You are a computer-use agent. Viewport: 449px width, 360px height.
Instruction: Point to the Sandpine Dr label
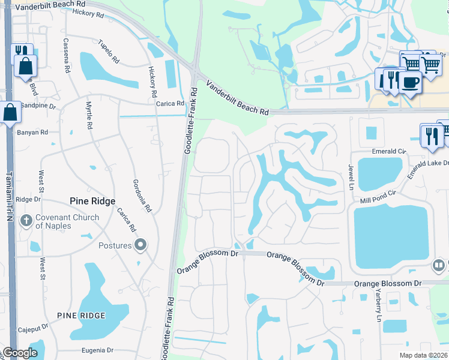tap(38, 106)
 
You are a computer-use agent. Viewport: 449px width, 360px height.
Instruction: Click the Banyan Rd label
tap(34, 133)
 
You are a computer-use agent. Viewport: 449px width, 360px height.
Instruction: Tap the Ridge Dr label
tap(28, 200)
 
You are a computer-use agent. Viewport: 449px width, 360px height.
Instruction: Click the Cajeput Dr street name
tap(32, 329)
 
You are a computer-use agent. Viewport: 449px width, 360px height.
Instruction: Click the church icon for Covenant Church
tap(26, 221)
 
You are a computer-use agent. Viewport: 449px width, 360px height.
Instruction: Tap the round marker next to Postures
tap(140, 245)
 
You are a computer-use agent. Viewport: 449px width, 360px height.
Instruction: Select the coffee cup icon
tap(410, 83)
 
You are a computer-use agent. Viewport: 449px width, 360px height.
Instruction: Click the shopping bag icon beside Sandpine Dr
tap(10, 112)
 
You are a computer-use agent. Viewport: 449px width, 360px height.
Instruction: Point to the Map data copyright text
tap(423, 355)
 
